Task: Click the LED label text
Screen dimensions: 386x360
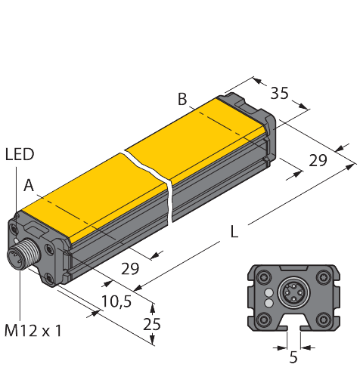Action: pyautogui.click(x=20, y=154)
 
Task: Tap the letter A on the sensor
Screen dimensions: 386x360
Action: pyautogui.click(x=28, y=184)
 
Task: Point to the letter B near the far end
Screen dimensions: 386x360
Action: pyautogui.click(x=182, y=98)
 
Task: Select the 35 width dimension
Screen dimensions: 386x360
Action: pyautogui.click(x=280, y=94)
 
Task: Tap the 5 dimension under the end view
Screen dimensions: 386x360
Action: pyautogui.click(x=293, y=357)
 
